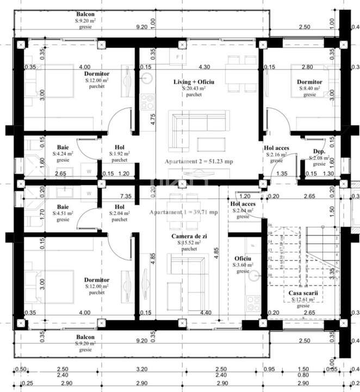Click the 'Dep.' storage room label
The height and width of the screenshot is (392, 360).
(x=319, y=151)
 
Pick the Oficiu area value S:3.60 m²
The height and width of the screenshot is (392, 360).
(x=243, y=265)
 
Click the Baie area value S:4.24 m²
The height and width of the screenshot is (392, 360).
(x=63, y=154)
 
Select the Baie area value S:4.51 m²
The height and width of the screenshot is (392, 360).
(x=63, y=213)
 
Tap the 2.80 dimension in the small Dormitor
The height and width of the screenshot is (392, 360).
(x=307, y=68)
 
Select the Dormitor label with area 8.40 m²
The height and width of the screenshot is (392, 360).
(x=309, y=82)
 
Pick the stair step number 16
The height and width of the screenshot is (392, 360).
(x=270, y=224)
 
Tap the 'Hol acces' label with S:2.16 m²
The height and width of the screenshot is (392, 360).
(x=276, y=148)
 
